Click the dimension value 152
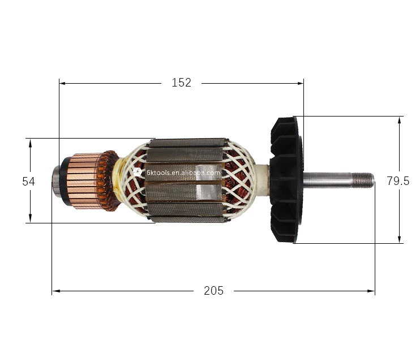click(181, 83)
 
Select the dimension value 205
click(213, 291)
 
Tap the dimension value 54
click(28, 182)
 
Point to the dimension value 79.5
click(398, 181)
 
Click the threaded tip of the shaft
click(363, 179)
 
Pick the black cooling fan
click(286, 180)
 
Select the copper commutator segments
click(84, 181)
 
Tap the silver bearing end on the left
click(56, 181)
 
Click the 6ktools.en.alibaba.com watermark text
click(183, 173)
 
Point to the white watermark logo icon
click(138, 172)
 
